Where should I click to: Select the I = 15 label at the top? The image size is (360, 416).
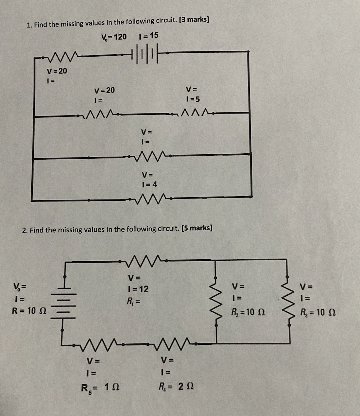point(148,36)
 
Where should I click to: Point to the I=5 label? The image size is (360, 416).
point(193,99)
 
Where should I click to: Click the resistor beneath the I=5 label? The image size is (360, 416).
point(194,113)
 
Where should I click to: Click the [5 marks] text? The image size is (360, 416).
point(196,228)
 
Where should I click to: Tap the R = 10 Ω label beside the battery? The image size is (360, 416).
point(29,311)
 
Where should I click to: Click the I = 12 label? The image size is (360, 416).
point(138,289)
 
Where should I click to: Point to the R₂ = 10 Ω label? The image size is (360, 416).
point(248,313)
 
